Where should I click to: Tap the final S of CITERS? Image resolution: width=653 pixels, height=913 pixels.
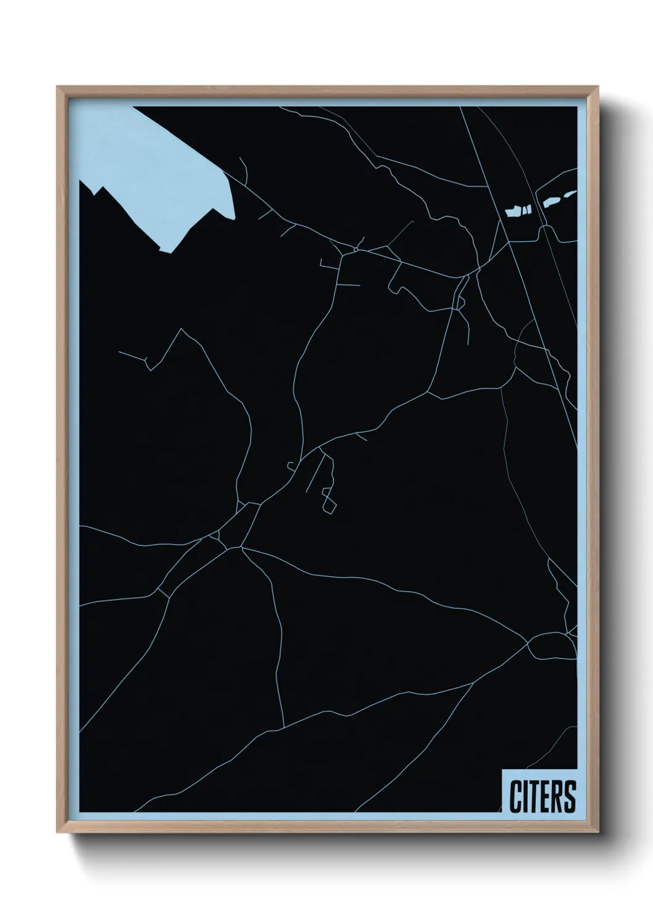coord(569,798)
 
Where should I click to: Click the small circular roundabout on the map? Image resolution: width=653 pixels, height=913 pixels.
coord(356,249)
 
